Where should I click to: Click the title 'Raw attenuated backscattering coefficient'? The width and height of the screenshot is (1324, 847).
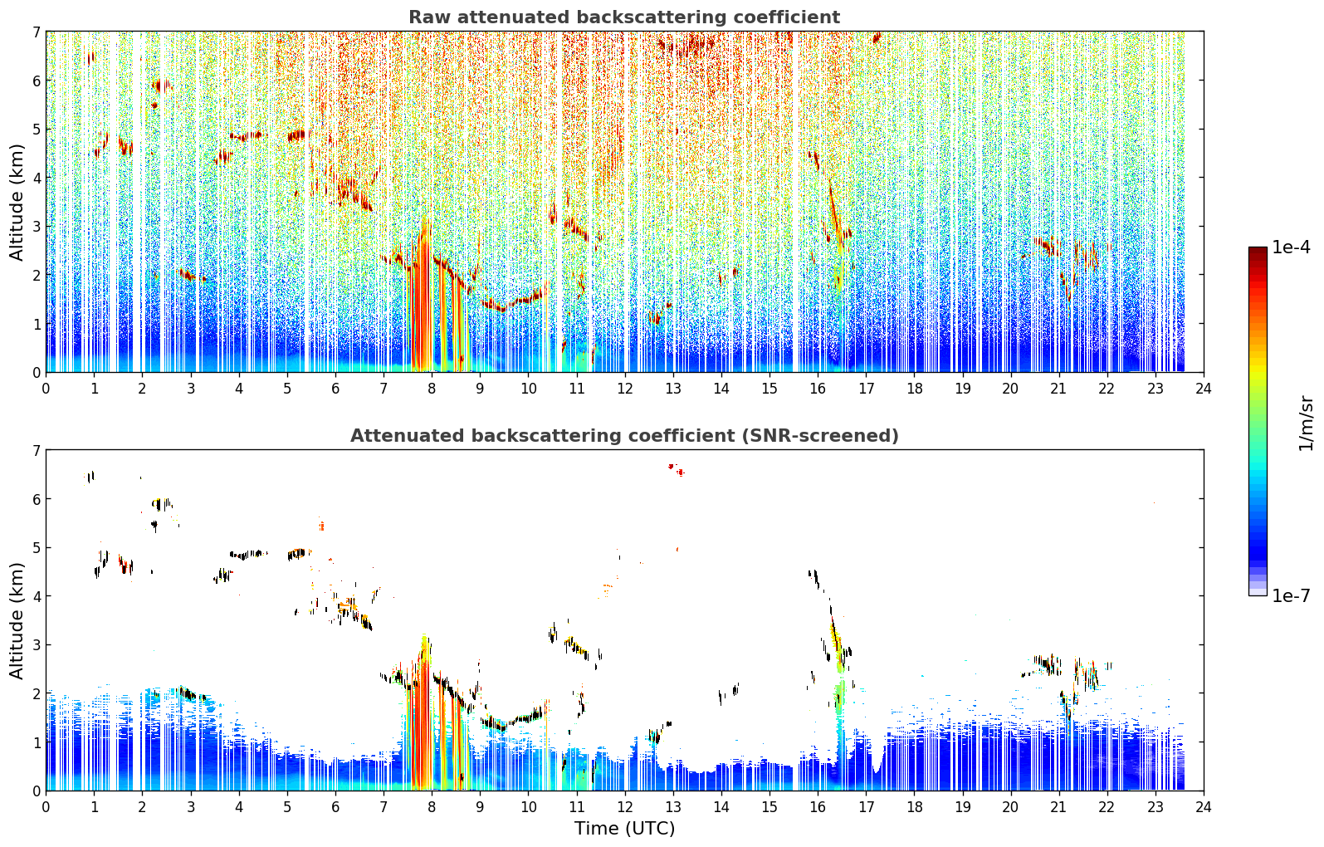click(x=624, y=17)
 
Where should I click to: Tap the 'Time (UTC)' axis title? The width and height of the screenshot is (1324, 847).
click(x=624, y=829)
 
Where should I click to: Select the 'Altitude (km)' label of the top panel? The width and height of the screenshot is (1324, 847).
click(x=17, y=203)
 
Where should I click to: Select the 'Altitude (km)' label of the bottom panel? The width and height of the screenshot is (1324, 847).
click(x=17, y=621)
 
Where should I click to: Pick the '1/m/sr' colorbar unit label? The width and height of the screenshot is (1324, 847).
click(x=1307, y=423)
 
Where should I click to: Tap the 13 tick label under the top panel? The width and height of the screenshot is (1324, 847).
click(x=673, y=389)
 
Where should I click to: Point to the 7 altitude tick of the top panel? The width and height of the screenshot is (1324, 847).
click(x=37, y=32)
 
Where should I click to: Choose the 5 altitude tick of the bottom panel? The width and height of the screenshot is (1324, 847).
click(x=37, y=548)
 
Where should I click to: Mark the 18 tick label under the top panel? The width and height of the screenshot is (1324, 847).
click(x=915, y=389)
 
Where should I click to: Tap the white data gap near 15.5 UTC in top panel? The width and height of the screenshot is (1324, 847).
click(x=795, y=201)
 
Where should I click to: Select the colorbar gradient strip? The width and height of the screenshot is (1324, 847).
click(x=1258, y=421)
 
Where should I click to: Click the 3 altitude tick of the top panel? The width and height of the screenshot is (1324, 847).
click(x=37, y=227)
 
